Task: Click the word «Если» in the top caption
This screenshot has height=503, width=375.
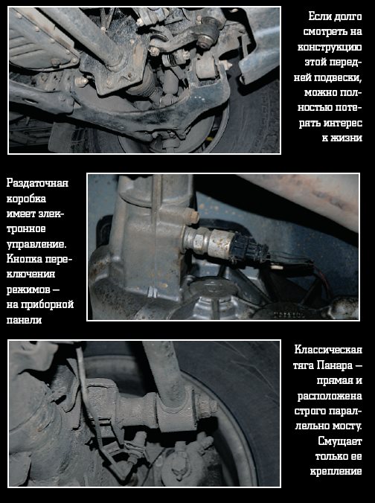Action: tap(320, 16)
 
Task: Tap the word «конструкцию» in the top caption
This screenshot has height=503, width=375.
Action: tap(330, 47)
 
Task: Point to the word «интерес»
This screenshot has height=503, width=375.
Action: tap(343, 123)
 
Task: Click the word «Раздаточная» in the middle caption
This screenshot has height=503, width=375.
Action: tap(37, 183)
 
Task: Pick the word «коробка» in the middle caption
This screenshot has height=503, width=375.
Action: tap(26, 199)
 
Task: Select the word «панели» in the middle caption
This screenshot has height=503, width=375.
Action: tap(24, 319)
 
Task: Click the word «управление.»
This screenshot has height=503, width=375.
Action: tap(36, 244)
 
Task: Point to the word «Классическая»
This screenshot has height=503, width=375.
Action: tap(328, 350)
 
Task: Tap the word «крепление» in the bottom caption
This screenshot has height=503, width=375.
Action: tap(336, 472)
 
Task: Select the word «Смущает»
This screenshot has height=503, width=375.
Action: tap(340, 441)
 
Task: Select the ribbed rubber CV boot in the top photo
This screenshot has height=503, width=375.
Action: tap(145, 84)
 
